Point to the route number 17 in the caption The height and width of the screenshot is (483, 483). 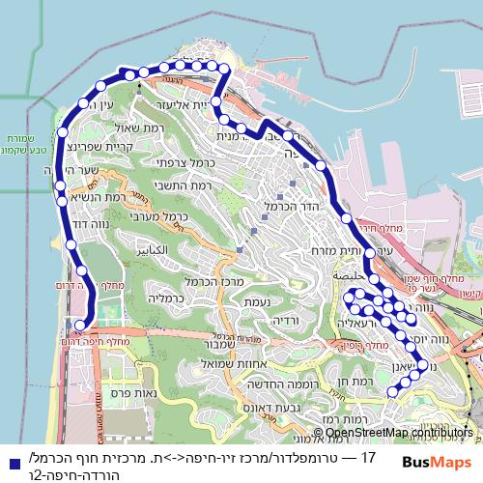click(x=368, y=456)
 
